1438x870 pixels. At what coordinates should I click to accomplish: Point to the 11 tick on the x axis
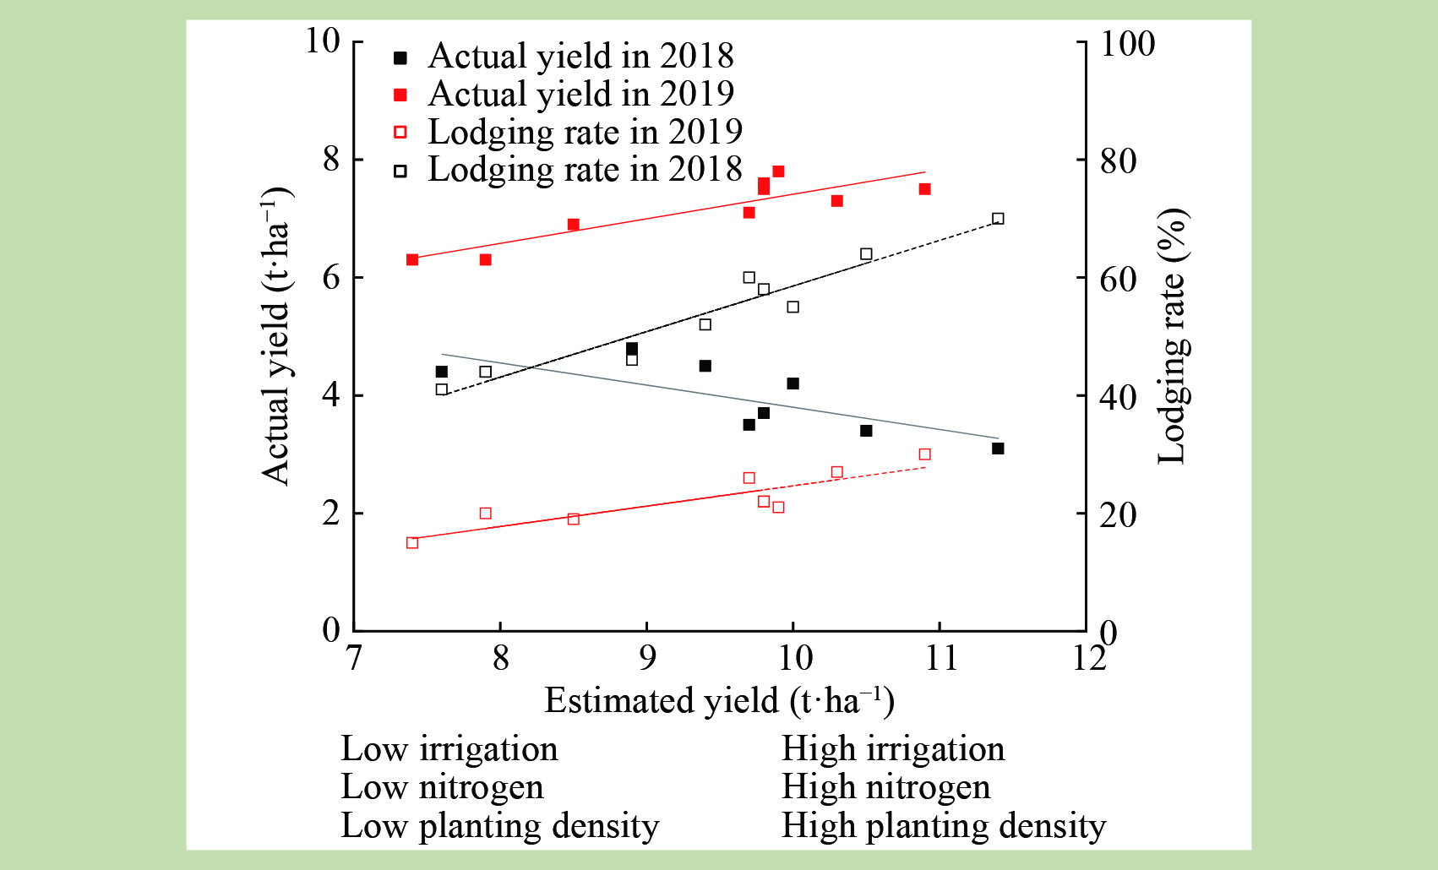(x=940, y=657)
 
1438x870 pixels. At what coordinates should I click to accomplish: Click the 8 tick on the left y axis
(x=332, y=159)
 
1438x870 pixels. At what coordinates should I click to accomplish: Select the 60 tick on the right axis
(x=1118, y=280)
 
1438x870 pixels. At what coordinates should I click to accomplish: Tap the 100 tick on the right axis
(x=1127, y=45)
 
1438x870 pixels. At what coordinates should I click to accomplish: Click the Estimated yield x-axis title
(x=719, y=701)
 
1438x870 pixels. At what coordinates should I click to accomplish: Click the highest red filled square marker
(x=778, y=171)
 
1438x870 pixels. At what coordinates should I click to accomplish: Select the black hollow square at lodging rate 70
(x=998, y=219)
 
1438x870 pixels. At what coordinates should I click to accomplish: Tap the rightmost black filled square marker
(x=998, y=449)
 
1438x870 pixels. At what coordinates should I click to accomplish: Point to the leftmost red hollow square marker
(x=412, y=543)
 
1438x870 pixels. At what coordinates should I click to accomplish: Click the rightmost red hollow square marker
(x=924, y=454)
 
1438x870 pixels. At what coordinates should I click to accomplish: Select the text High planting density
(x=943, y=826)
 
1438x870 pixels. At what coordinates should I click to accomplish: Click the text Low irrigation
(x=449, y=749)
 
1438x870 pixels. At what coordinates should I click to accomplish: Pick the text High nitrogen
(x=885, y=787)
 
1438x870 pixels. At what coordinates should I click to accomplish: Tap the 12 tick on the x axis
(x=1088, y=657)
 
